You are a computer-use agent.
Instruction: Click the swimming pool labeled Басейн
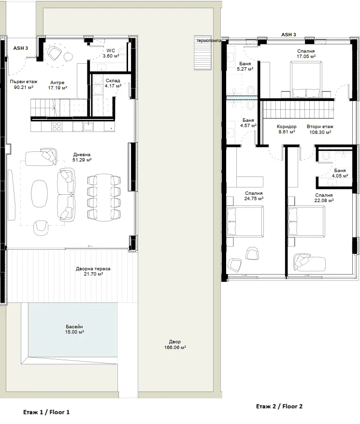coord(73,330)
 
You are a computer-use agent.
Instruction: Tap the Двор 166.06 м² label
coord(175,345)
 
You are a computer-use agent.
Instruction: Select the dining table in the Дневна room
coord(104,197)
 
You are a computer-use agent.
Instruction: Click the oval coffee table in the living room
coord(40,193)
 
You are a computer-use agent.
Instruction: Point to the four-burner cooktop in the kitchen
coord(57,126)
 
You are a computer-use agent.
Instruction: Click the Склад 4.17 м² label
coord(113,83)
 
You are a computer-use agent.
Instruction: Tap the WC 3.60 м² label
coord(111,53)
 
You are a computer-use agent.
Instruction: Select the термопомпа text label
coord(209,41)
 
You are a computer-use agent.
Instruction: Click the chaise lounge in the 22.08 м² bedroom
coord(309,262)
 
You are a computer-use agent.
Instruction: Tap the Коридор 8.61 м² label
coord(287,129)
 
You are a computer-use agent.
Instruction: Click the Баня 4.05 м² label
coord(340,173)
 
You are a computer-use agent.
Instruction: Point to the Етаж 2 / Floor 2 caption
coord(279,406)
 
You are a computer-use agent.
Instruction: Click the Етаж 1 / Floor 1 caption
coord(46,412)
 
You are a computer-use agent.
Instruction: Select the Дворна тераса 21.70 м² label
coord(93,271)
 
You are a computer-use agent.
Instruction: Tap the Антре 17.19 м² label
coord(58,85)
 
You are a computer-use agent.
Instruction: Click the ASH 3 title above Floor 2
coord(288,35)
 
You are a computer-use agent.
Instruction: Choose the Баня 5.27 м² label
coord(245,66)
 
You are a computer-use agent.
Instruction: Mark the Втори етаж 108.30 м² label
coord(320,129)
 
